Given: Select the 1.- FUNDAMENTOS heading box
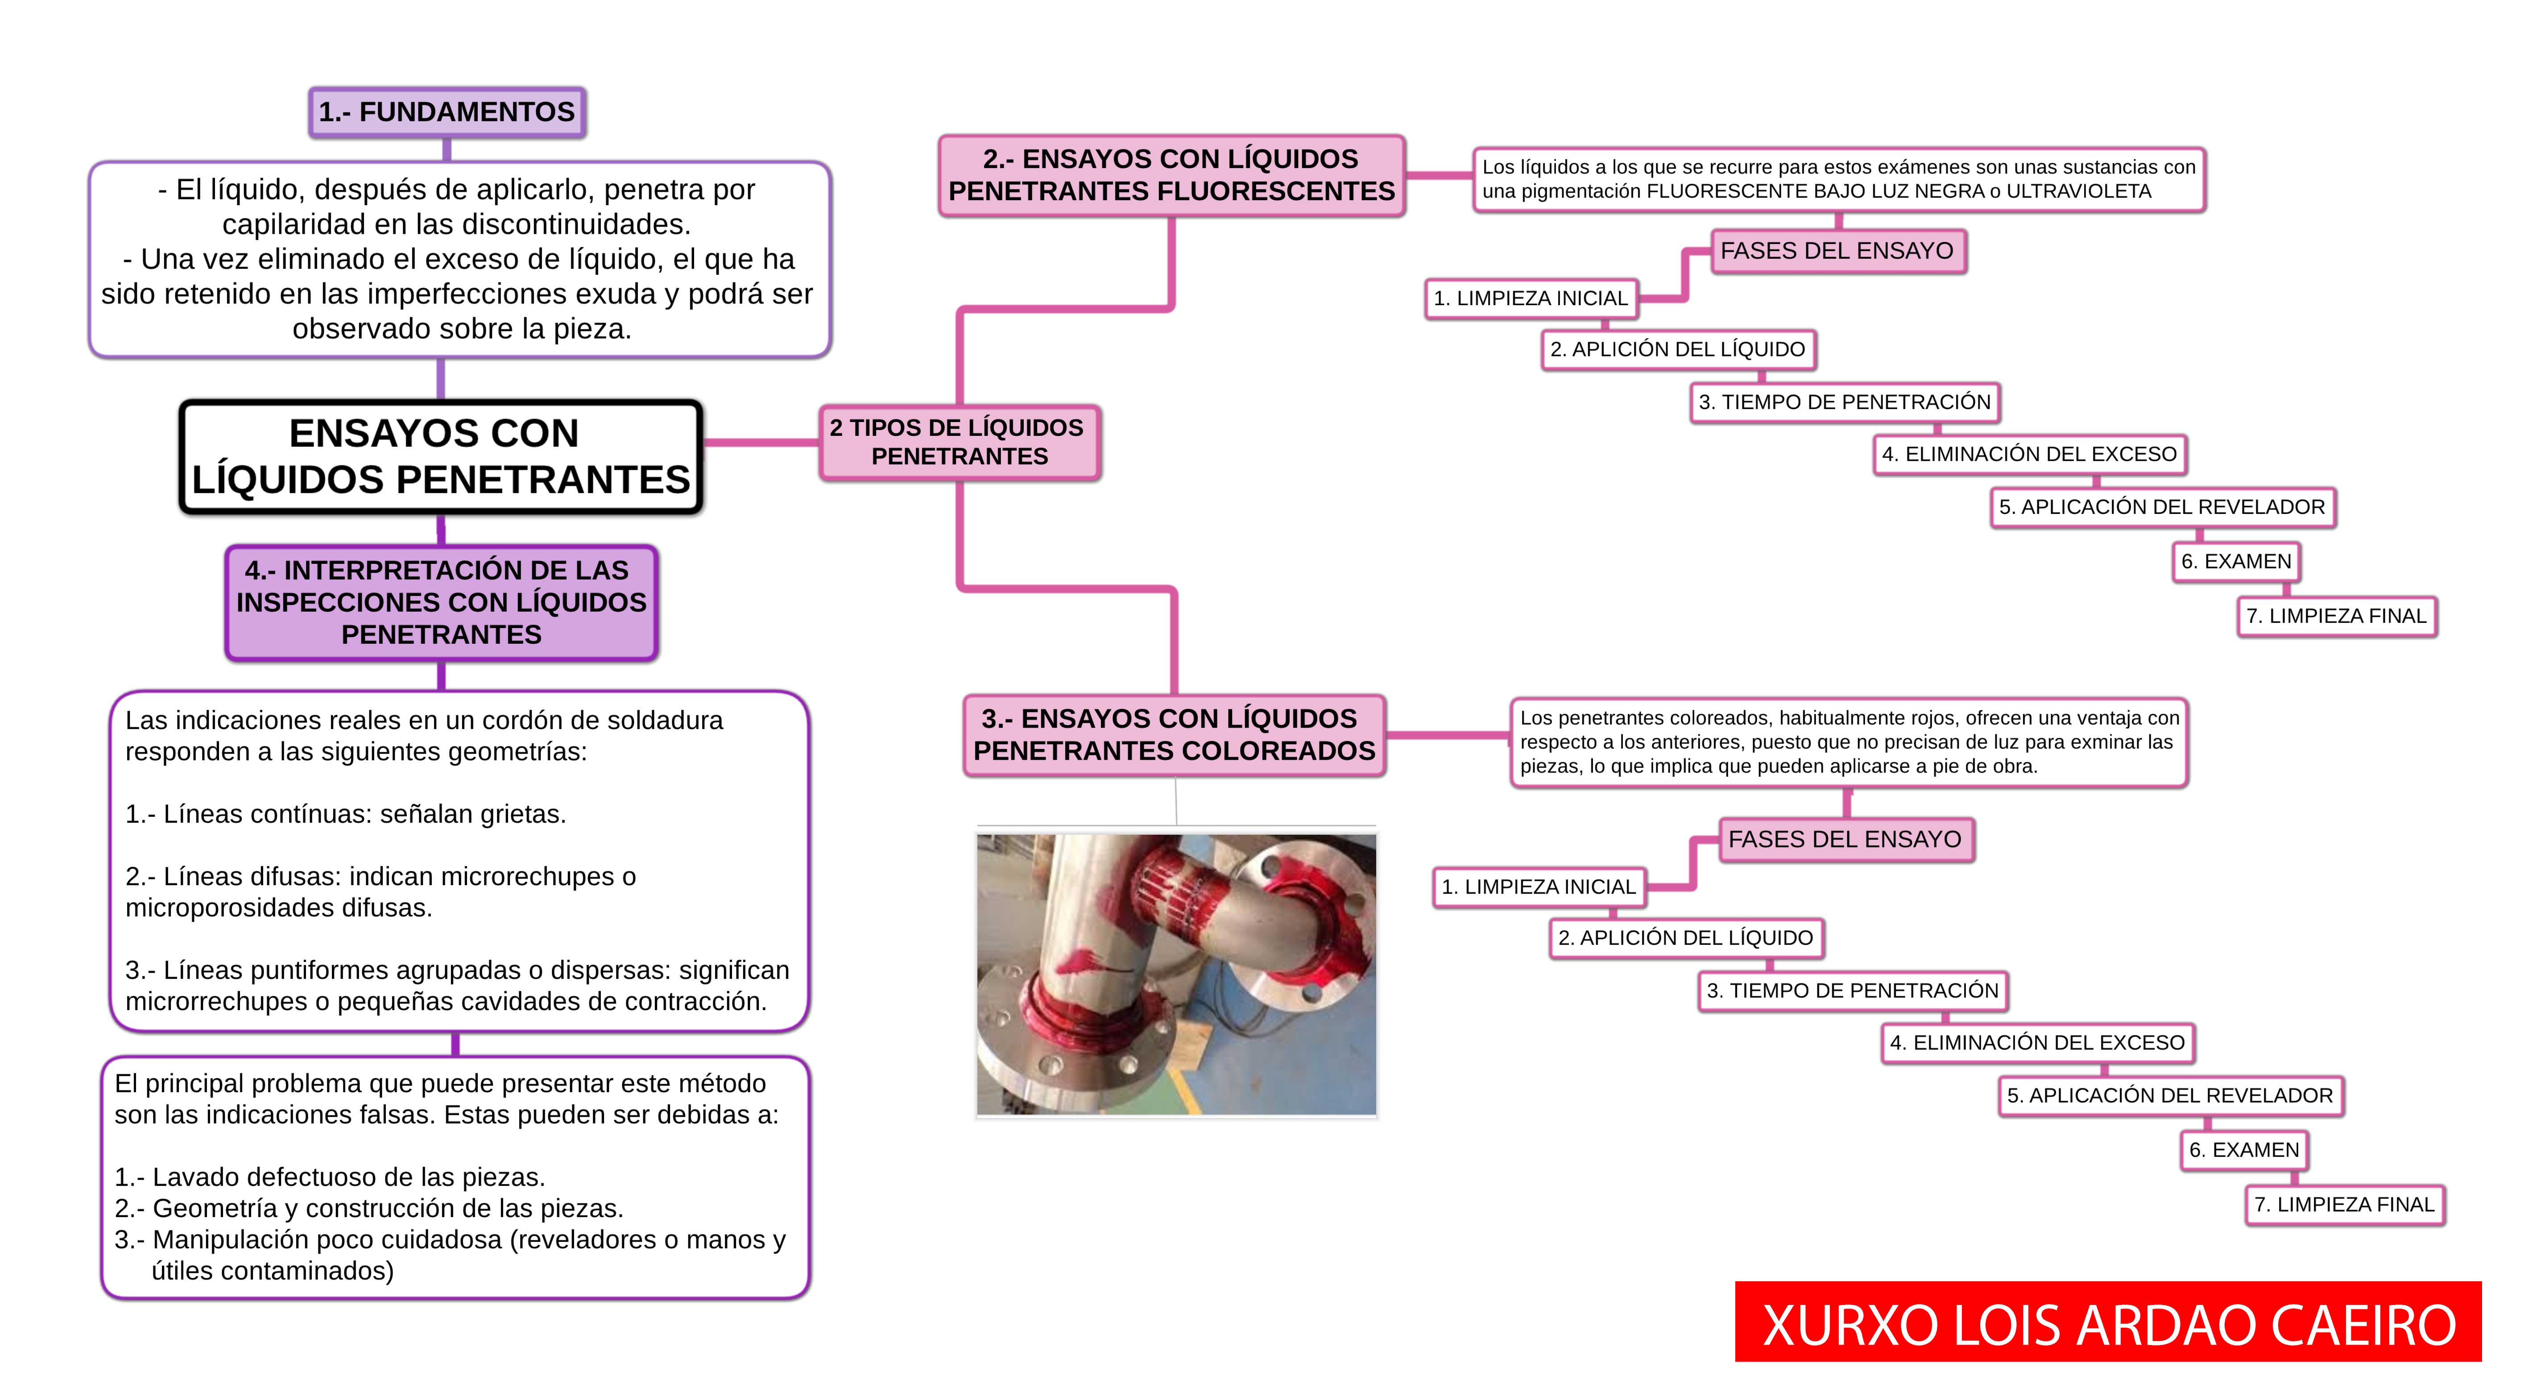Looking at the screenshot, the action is (447, 112).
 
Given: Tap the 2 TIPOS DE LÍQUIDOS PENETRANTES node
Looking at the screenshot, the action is (960, 443).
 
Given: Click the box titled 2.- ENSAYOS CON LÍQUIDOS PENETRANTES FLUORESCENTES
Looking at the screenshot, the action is (1171, 175).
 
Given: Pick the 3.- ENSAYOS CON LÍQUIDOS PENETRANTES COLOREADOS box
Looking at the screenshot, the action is (1175, 735).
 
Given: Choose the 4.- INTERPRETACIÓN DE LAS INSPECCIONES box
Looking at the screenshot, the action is (441, 603).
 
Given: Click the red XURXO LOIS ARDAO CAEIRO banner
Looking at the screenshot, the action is (2108, 1322).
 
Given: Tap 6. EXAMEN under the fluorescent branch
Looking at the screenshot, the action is (2236, 561).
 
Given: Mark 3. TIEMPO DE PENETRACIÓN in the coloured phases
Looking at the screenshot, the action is (1853, 991).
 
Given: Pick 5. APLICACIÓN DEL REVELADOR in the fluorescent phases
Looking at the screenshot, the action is (2163, 507).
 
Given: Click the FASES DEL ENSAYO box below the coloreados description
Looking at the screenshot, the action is (1846, 840).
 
